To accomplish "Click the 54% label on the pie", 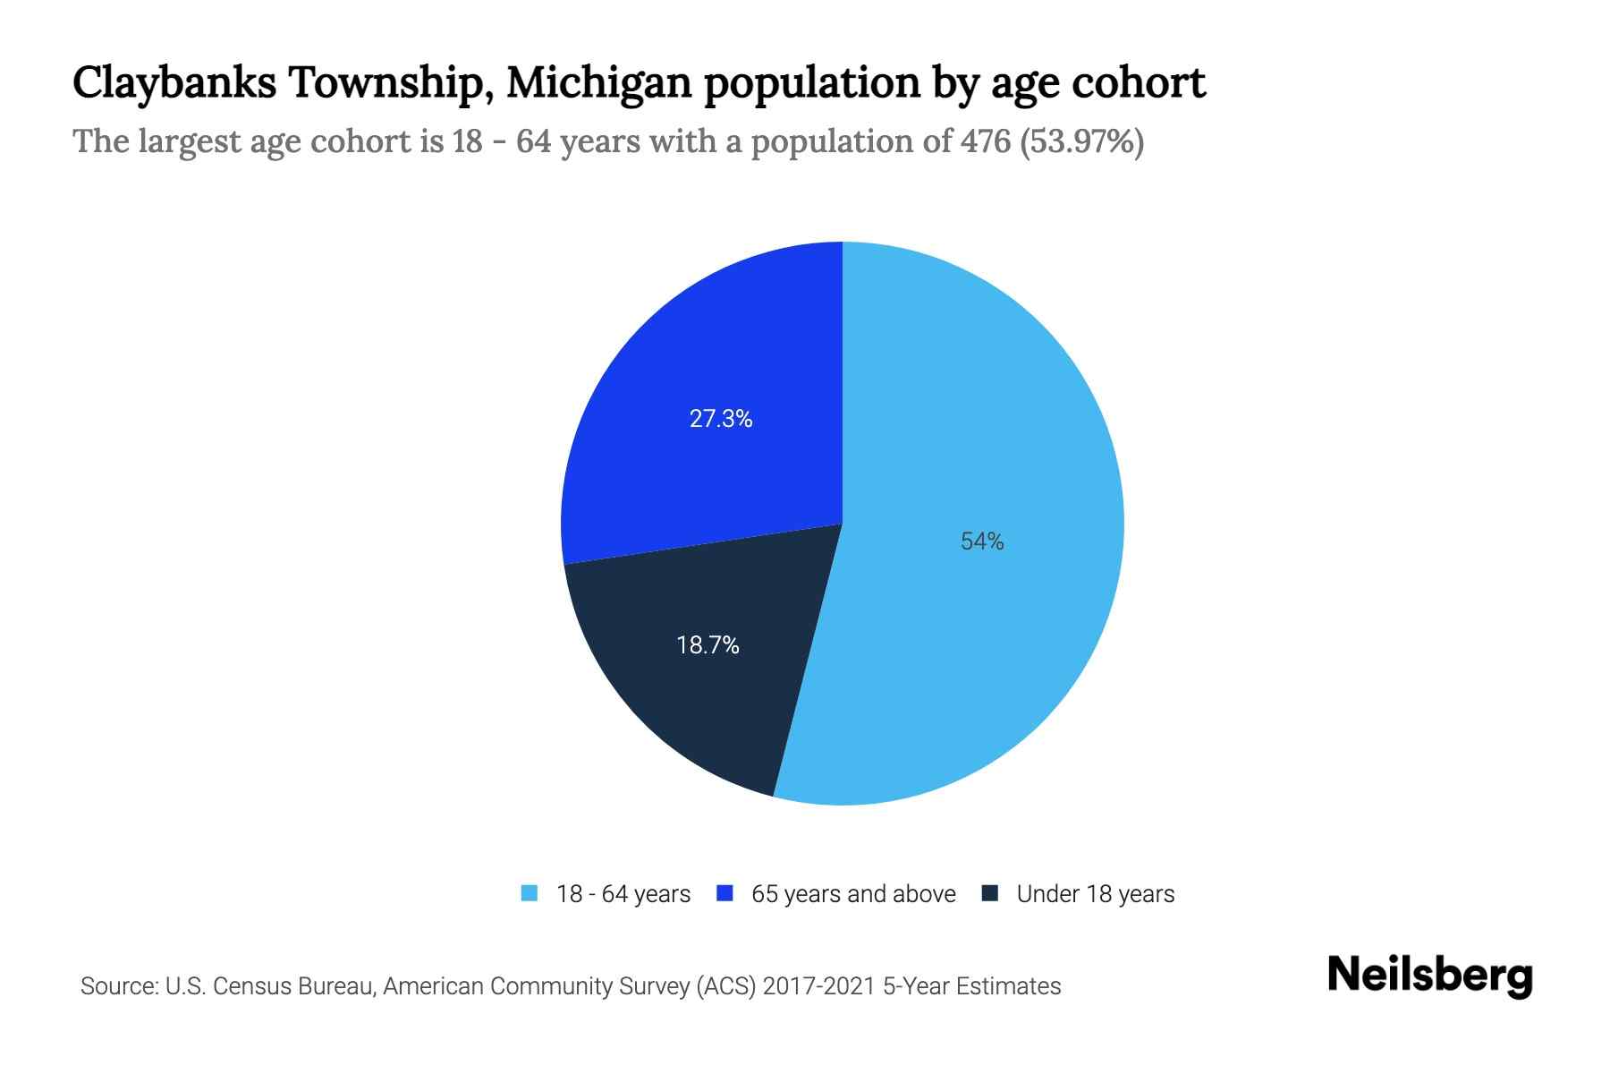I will tap(982, 541).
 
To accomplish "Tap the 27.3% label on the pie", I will tap(721, 419).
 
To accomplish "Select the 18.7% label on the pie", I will tap(708, 645).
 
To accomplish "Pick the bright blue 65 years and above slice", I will tap(680, 358).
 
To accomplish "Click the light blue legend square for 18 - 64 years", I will tap(530, 893).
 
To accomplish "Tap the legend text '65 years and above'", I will tap(853, 894).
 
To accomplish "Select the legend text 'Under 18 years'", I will tap(1095, 894).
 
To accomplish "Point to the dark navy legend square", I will tap(989, 893).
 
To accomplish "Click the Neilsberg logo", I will tap(1429, 976).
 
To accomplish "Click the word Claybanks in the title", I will tap(174, 83).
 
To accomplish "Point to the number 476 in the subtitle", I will tap(986, 141).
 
